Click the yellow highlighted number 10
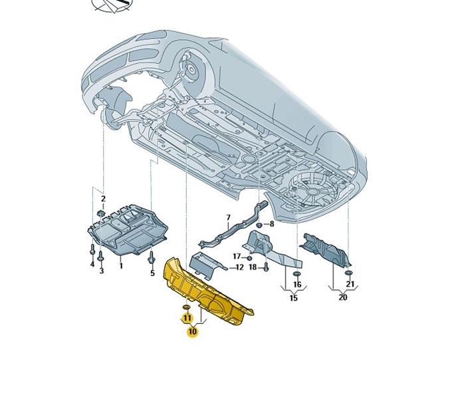coord(192,331)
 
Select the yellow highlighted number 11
coord(187,319)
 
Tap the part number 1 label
coord(121,266)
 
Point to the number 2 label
coord(103,198)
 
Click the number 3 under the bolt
coord(102,271)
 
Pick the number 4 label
coord(92,264)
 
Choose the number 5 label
coord(152,273)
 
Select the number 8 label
coord(271,224)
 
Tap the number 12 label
coord(240,267)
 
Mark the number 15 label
coord(293,298)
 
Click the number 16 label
coord(297,285)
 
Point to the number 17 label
coord(237,256)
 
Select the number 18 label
coord(253,267)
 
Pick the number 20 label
coord(342,298)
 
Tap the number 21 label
coord(350,285)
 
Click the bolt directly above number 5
coord(152,255)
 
